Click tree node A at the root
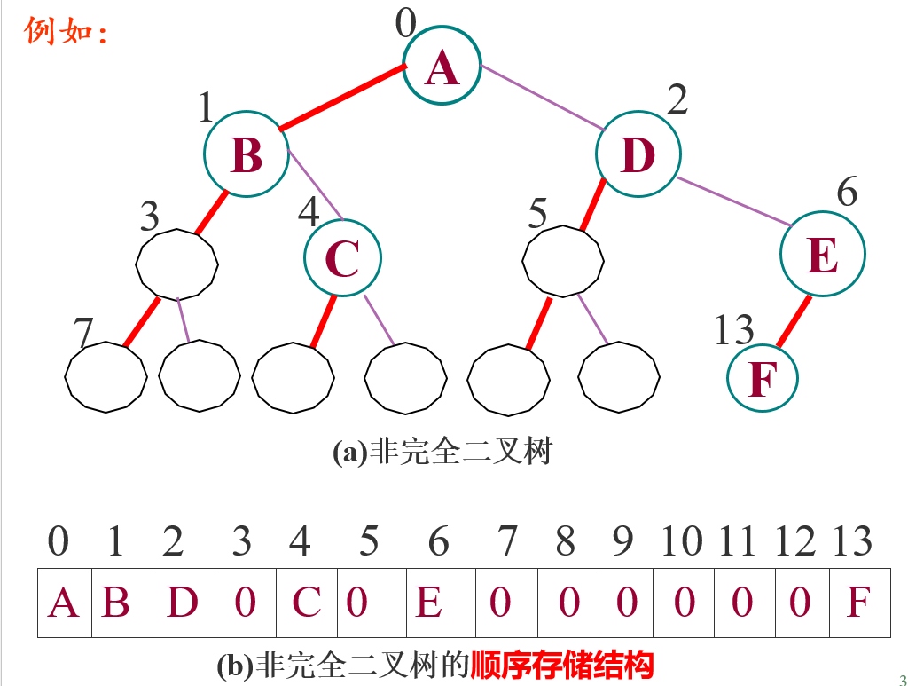click(x=442, y=67)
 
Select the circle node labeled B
click(x=247, y=154)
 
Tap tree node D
click(x=638, y=155)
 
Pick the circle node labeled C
click(x=342, y=257)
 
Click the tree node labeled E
click(x=822, y=255)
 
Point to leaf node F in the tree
click(x=762, y=378)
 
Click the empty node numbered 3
click(x=177, y=263)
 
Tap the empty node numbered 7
click(x=106, y=376)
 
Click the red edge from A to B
click(x=342, y=98)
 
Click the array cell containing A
click(x=64, y=603)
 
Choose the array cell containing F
click(x=858, y=603)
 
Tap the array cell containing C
click(x=306, y=603)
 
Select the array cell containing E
click(x=429, y=603)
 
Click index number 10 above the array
click(x=682, y=541)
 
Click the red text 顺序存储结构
click(x=562, y=664)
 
